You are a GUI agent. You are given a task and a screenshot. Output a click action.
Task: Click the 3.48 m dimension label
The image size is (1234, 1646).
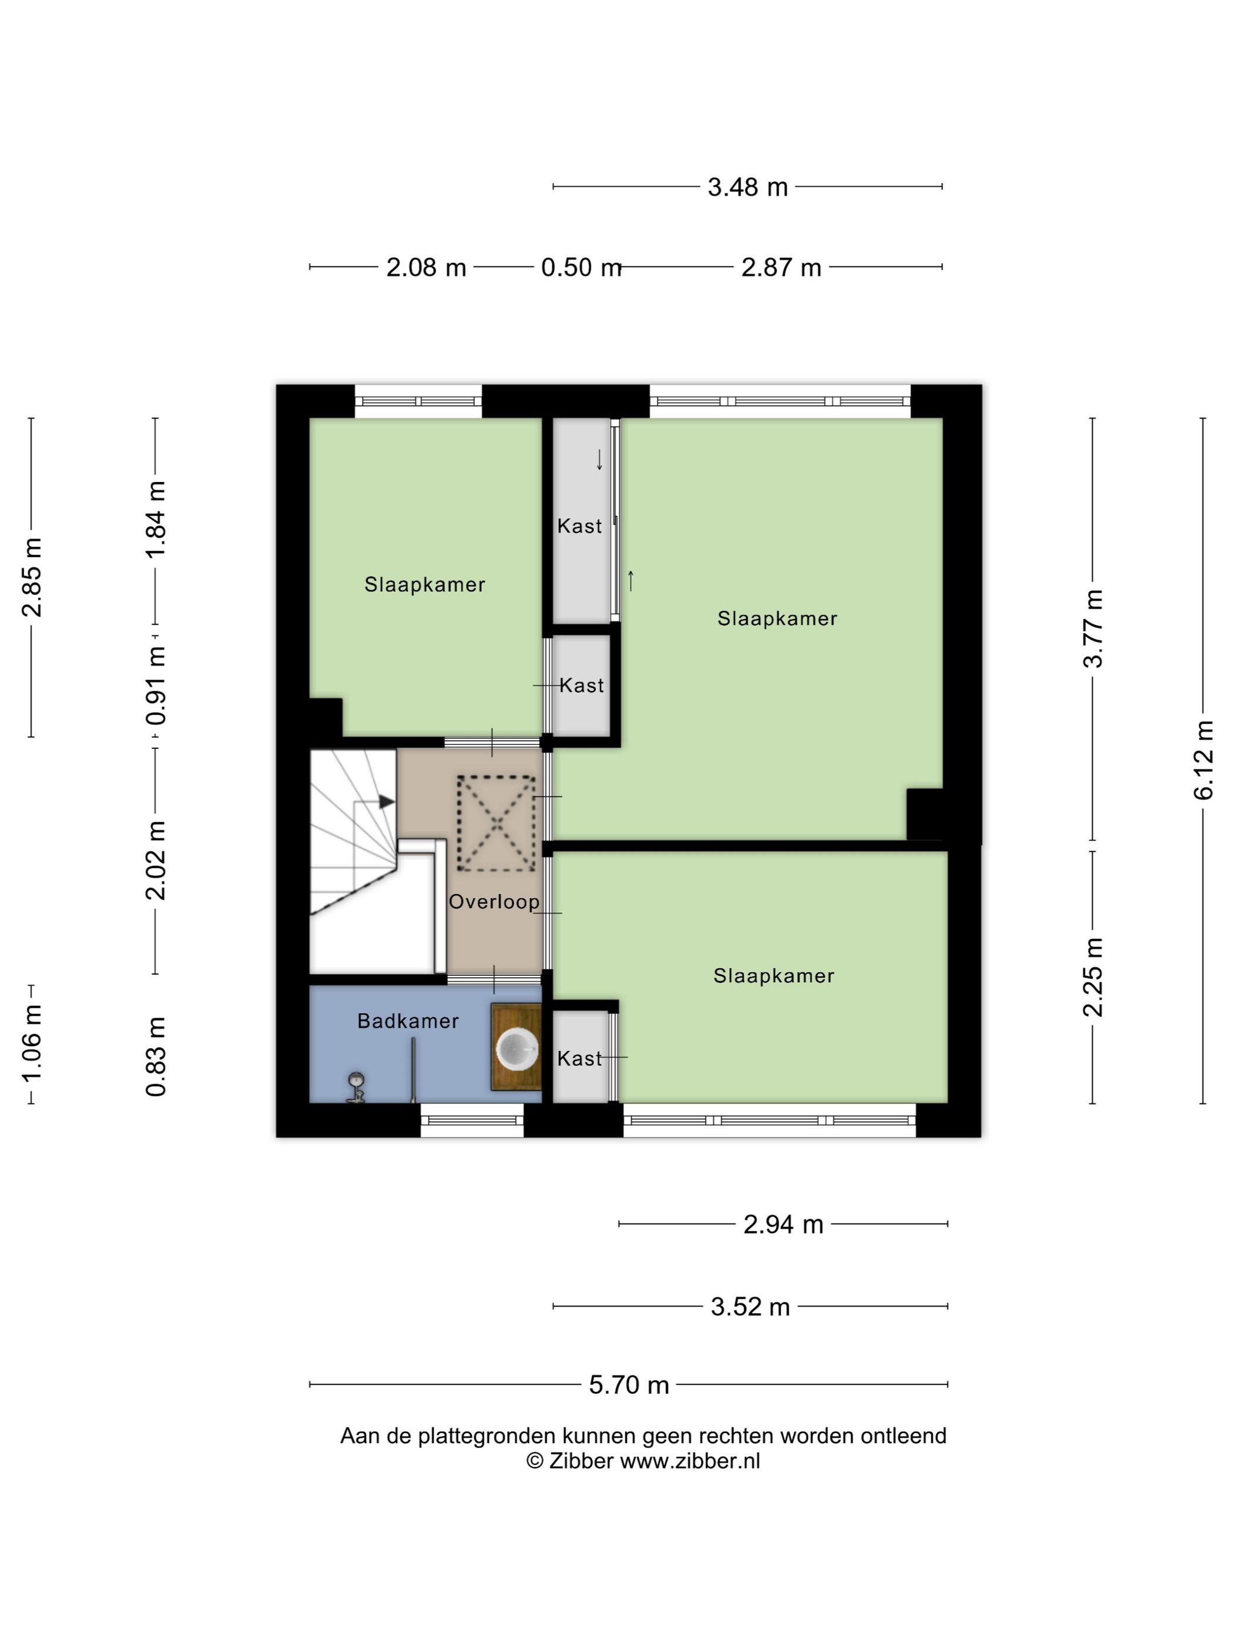(747, 187)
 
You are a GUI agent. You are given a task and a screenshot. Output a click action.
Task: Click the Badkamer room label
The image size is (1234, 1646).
(408, 1021)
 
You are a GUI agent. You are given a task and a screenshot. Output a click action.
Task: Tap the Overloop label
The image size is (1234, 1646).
(494, 902)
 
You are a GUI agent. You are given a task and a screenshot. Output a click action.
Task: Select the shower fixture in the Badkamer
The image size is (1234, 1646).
(356, 1087)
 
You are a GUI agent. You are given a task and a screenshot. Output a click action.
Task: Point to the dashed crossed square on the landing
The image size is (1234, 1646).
(495, 823)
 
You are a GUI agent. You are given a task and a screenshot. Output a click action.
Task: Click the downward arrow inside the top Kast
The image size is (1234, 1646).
(599, 460)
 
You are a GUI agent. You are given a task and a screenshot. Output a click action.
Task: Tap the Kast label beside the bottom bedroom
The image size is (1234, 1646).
(579, 1058)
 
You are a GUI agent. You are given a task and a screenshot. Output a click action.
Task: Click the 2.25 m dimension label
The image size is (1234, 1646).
(1092, 977)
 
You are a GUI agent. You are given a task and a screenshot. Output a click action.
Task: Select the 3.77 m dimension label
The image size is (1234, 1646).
(1092, 629)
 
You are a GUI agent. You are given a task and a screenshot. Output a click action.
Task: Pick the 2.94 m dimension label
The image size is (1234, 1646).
(783, 1224)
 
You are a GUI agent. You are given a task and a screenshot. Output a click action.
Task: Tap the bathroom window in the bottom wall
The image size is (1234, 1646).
(472, 1120)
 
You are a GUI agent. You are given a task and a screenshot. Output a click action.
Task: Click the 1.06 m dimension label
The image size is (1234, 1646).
(31, 1044)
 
